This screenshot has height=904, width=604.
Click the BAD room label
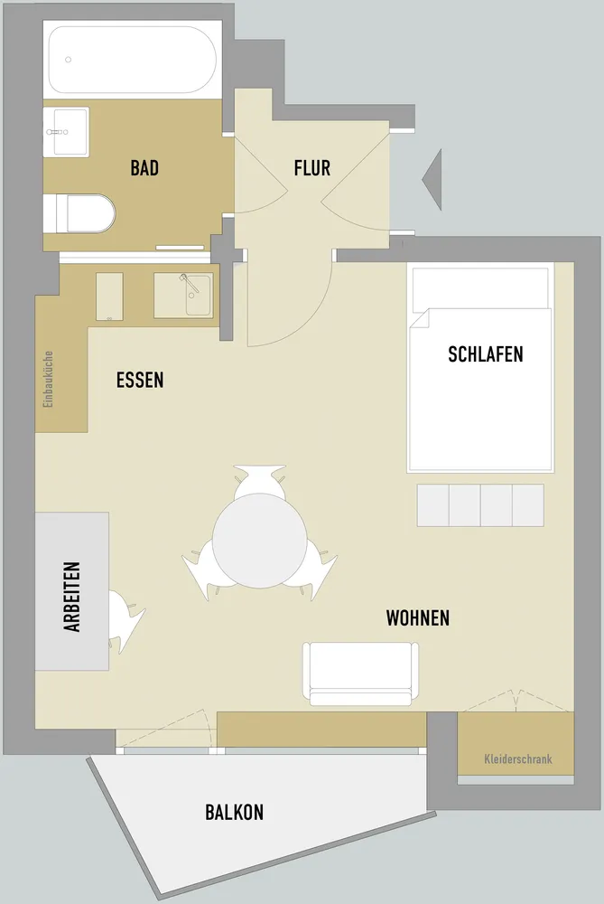[x=144, y=168]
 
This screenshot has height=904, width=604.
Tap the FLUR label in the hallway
[x=312, y=168]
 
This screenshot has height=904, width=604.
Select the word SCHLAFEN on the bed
[x=486, y=354]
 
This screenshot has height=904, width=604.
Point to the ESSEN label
[x=140, y=380]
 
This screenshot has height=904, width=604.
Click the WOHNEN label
[x=417, y=618]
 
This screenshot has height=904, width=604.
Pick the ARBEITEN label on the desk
[x=72, y=597]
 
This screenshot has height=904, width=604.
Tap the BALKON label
[x=235, y=813]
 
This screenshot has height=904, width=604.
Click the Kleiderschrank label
[x=518, y=758]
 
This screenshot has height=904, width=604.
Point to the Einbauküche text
[x=49, y=380]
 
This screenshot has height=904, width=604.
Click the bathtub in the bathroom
[x=133, y=59]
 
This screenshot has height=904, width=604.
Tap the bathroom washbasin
[x=66, y=131]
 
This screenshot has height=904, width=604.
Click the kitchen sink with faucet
[x=183, y=296]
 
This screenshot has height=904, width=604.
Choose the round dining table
[x=260, y=541]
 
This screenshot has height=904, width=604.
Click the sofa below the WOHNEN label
[x=360, y=673]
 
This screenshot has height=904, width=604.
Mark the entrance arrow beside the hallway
[x=434, y=179]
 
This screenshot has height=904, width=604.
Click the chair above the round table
[x=260, y=482]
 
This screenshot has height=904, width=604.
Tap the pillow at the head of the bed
[x=479, y=288]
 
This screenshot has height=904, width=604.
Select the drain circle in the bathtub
[x=68, y=60]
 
